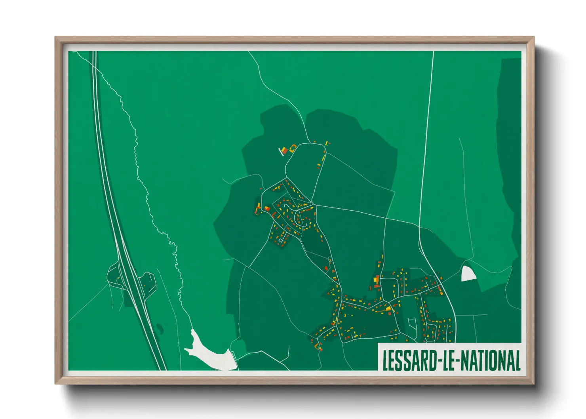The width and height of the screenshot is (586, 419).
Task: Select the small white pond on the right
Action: point(468,274)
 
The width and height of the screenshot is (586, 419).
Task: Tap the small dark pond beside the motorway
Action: point(160,328)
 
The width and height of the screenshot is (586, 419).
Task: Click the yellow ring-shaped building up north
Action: point(293,148)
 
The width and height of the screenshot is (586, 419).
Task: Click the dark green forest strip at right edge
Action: point(511,158)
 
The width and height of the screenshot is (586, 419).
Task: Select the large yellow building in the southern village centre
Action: point(389,308)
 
